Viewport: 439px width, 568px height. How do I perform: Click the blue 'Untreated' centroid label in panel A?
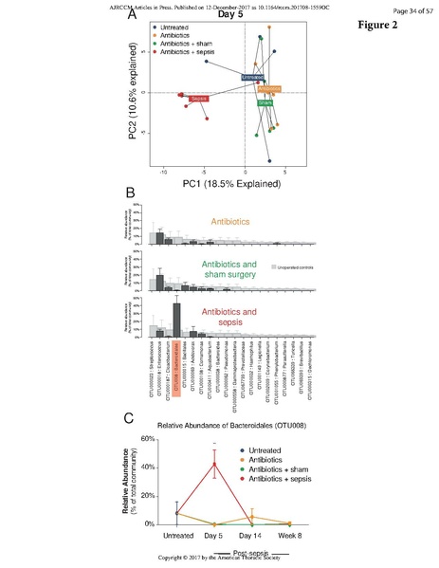coord(253,76)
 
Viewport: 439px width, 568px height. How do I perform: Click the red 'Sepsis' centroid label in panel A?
coord(197,98)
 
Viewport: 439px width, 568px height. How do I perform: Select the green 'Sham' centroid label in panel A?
coord(265,101)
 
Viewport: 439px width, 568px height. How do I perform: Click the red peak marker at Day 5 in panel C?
coord(215,463)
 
